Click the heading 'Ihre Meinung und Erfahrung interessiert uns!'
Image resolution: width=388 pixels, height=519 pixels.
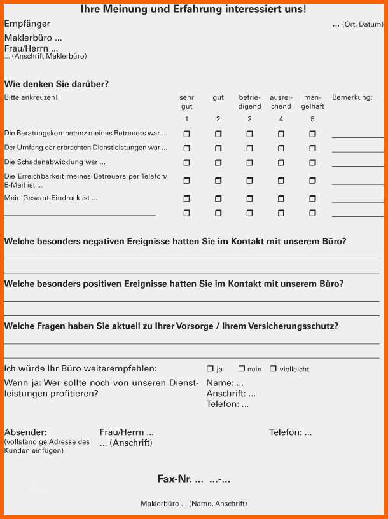pyautogui.click(x=193, y=10)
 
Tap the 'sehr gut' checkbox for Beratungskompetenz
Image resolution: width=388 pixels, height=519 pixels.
pyautogui.click(x=186, y=134)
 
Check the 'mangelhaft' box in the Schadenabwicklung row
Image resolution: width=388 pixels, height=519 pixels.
pyautogui.click(x=312, y=162)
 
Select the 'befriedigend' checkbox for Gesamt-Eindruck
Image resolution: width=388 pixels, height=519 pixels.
pyautogui.click(x=249, y=198)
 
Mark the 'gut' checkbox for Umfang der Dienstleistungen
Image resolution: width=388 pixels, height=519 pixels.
pyautogui.click(x=218, y=148)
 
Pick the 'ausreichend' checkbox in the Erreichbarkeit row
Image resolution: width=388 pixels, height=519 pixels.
pyautogui.click(x=281, y=181)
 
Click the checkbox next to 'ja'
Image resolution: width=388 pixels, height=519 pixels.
pyautogui.click(x=210, y=369)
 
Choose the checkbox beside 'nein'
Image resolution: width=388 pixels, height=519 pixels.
pyautogui.click(x=242, y=369)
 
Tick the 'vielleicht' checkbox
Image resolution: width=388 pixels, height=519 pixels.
pyautogui.click(x=273, y=369)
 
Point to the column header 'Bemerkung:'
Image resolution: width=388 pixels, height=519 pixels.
pyautogui.click(x=352, y=98)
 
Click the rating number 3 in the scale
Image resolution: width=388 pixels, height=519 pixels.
pyautogui.click(x=249, y=119)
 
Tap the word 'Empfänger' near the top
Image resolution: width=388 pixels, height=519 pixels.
pyautogui.click(x=27, y=24)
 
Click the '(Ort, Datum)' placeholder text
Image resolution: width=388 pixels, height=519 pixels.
pyautogui.click(x=363, y=24)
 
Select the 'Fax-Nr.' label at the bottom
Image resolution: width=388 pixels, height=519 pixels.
pyautogui.click(x=176, y=479)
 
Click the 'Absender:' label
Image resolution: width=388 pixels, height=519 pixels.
pyautogui.click(x=25, y=432)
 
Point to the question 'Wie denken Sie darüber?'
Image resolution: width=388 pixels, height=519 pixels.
pyautogui.click(x=56, y=84)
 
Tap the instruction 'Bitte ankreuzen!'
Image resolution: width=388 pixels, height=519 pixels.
pyautogui.click(x=31, y=98)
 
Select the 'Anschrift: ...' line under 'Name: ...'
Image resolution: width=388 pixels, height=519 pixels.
pyautogui.click(x=231, y=394)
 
